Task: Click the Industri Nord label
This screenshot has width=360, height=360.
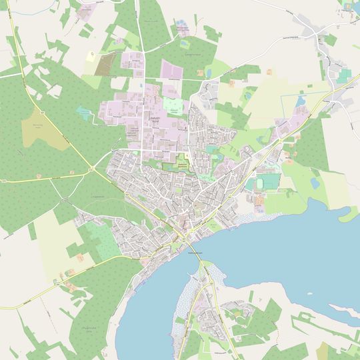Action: coord(153,120)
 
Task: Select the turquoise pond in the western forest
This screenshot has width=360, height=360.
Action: coord(83,111)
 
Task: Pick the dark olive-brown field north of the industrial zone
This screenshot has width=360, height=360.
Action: coord(105,64)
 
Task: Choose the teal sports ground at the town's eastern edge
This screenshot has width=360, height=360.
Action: coord(264,182)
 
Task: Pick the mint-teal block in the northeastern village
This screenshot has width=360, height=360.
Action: coord(343,76)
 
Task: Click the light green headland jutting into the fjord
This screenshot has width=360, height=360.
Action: coord(347,215)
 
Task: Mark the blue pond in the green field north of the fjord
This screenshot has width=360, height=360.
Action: coord(315,182)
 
